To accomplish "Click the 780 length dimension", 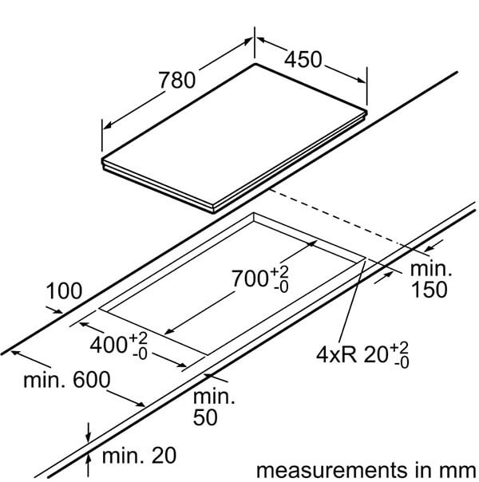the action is (x=176, y=80).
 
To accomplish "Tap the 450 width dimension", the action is (x=303, y=59).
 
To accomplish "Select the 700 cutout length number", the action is (x=250, y=279).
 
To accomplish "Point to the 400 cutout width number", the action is (x=109, y=344).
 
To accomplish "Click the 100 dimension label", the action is (x=64, y=290).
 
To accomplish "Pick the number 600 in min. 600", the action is (x=92, y=380).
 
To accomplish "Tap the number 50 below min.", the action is (x=205, y=417).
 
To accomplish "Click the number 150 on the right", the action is (x=429, y=290).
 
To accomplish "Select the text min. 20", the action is (x=139, y=456).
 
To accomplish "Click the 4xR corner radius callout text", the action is (x=337, y=355).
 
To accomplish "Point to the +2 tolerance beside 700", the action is (x=279, y=272).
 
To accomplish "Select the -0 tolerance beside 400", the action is (x=140, y=354).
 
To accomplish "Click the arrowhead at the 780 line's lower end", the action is (x=107, y=125).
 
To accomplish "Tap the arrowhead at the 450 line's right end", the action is (x=362, y=81).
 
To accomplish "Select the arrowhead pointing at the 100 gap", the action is (x=57, y=310).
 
